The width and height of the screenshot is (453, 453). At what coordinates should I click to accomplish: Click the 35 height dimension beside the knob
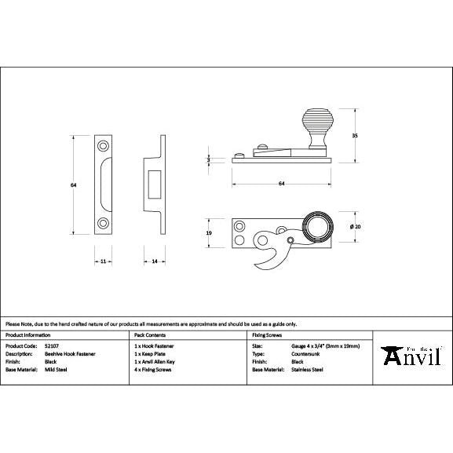pos(355,135)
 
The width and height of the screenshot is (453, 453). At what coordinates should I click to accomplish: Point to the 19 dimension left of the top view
pos(209,233)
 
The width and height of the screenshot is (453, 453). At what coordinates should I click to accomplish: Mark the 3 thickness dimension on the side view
pos(209,159)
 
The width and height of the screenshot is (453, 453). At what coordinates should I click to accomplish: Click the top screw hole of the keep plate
pos(103,147)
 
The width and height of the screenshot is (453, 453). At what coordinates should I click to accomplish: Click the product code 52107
pos(52,345)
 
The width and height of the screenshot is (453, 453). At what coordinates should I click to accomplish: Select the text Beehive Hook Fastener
pos(71,353)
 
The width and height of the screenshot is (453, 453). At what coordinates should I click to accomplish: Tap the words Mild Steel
pos(55,369)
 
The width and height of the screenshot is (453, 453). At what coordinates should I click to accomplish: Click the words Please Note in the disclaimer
pos(20,323)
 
